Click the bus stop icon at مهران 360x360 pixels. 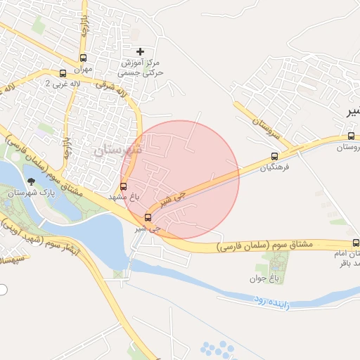coord(84,58)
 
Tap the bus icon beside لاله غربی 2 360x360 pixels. coord(63,73)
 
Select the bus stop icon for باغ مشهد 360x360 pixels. coord(124,186)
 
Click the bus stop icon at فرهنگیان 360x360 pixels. coord(274,156)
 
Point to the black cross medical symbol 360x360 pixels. coord(140,51)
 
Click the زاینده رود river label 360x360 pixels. coord(269,299)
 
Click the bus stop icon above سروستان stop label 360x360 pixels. coord(351,136)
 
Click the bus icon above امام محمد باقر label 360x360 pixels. coord(356,242)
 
